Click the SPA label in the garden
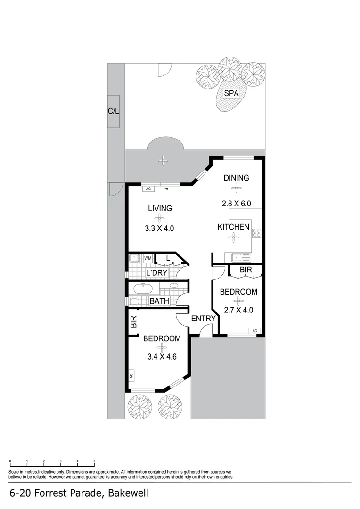pos(231,93)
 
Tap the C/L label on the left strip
pos(114,111)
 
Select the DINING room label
pos(236,178)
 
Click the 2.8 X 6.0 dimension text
pos(236,204)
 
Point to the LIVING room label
pos(160,208)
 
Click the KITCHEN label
pos(233,227)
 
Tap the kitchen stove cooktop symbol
pos(257,232)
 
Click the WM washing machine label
pos(148,258)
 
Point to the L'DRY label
pos(157,273)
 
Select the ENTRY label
pos(203,319)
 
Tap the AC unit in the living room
pos(148,189)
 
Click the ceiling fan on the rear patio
pos(163,161)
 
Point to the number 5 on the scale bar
pos(94,461)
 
